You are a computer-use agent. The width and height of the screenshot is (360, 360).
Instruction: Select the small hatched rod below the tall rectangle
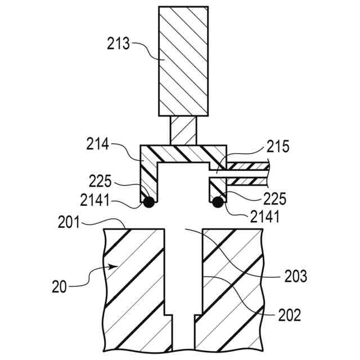(x=183, y=130)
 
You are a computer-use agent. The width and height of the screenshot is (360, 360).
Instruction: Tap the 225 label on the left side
(x=102, y=182)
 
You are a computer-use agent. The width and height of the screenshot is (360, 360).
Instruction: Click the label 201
(x=70, y=223)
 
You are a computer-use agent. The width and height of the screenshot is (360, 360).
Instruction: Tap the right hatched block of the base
(x=231, y=287)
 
